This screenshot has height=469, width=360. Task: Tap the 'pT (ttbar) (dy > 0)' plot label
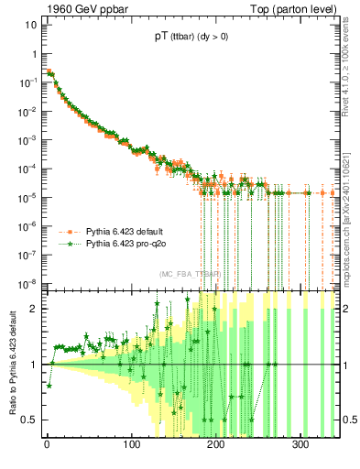(191, 37)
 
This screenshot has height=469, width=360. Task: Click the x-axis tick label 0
(47, 444)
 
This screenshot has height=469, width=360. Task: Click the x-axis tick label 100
(131, 444)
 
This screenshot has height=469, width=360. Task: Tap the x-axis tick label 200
(216, 444)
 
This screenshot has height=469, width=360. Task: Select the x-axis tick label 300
(300, 444)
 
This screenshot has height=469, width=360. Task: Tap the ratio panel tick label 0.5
(30, 420)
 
